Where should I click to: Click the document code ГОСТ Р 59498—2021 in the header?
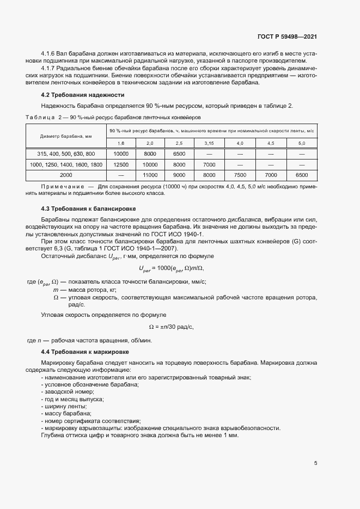[287, 36]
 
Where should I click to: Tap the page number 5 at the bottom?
[316, 463]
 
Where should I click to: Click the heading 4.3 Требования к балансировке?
[81, 208]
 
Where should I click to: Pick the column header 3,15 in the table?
[209, 143]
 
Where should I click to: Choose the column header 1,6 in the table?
[120, 143]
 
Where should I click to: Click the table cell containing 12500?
[120, 164]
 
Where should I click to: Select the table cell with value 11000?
[150, 175]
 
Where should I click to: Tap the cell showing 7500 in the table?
[240, 175]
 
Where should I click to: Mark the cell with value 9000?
[179, 175]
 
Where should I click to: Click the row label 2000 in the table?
[66, 175]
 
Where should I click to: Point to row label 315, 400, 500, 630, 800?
[66, 154]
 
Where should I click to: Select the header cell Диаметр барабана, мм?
[66, 137]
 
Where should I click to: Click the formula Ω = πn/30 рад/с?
[171, 327]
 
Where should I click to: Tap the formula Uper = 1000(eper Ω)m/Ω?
[172, 267]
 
